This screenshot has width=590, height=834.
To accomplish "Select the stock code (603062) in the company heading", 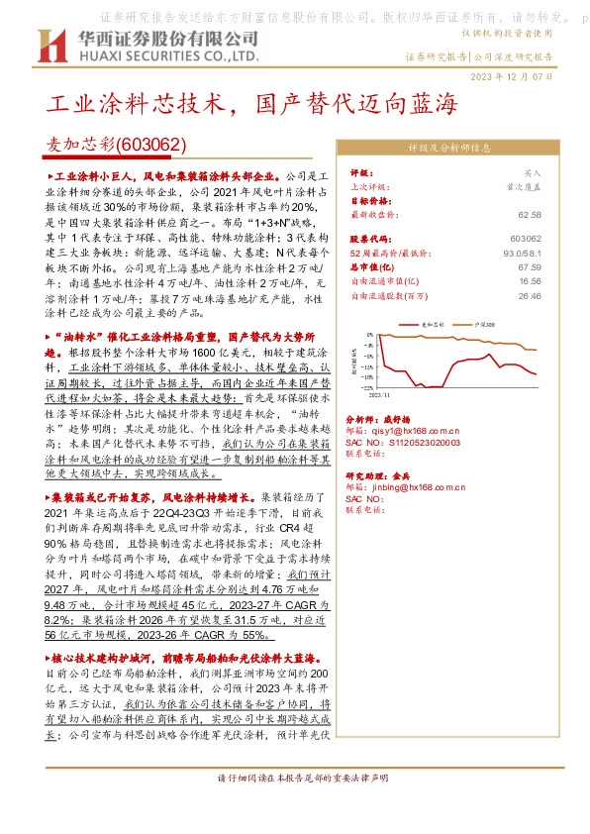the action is pos(150,145).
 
